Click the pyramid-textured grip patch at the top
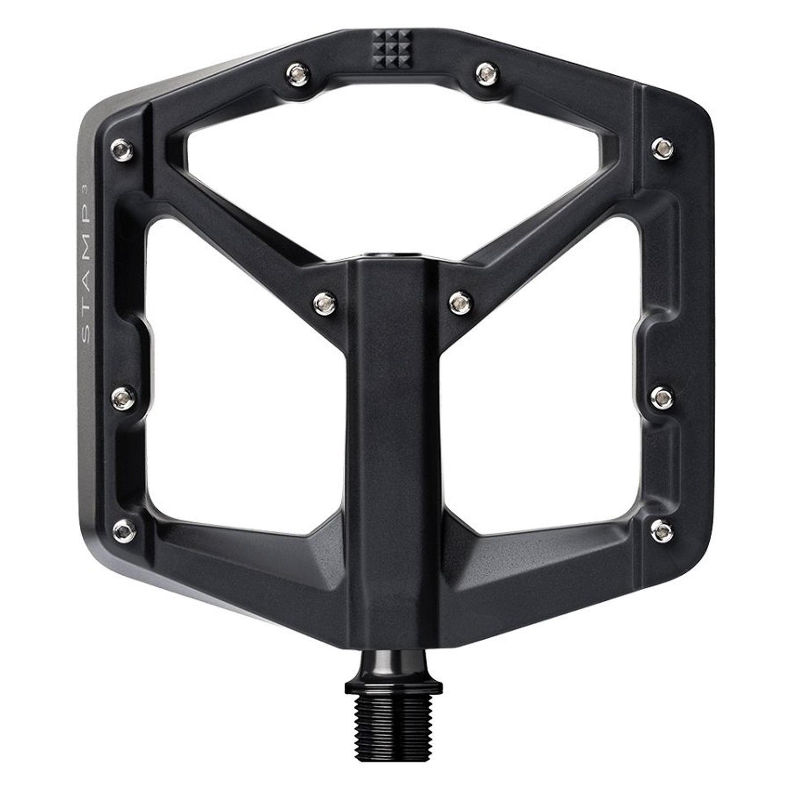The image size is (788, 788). point(392,49)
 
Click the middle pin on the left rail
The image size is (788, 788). point(123,397)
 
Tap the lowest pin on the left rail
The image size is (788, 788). point(125,530)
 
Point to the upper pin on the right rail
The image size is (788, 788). point(662,148)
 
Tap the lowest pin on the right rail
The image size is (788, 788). point(662,530)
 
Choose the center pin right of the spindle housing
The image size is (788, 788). point(461,302)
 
